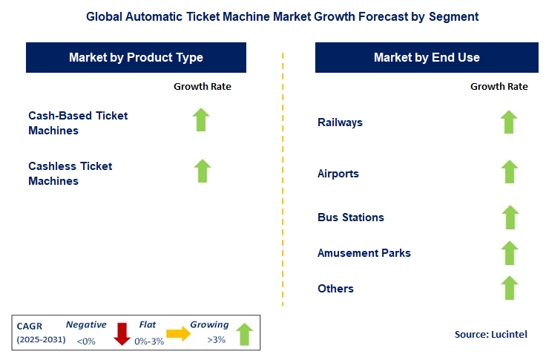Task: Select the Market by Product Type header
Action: click(x=136, y=57)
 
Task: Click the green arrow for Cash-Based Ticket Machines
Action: click(x=202, y=120)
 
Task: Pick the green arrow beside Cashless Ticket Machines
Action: click(x=202, y=171)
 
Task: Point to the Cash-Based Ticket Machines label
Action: click(x=78, y=122)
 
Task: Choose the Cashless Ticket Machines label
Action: click(x=70, y=173)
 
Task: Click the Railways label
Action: click(x=340, y=122)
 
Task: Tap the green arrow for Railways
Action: click(x=509, y=122)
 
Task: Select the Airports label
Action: click(x=338, y=174)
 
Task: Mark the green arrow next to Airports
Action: click(x=509, y=171)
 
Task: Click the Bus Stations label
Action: click(x=350, y=217)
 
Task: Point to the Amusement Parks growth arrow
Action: click(x=509, y=253)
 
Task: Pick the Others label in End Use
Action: click(x=335, y=288)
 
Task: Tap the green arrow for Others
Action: click(x=509, y=288)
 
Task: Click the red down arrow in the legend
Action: click(x=122, y=335)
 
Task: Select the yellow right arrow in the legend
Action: click(x=178, y=335)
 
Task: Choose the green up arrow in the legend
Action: click(x=245, y=335)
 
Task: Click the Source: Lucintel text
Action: click(x=490, y=335)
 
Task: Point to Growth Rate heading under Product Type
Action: click(x=203, y=87)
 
